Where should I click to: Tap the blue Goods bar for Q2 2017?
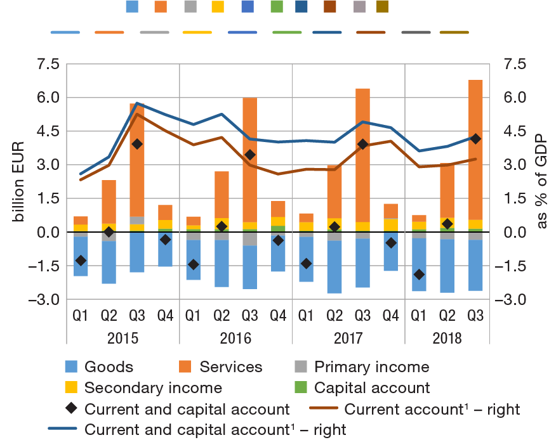point(334,266)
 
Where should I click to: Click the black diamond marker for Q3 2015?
point(137,144)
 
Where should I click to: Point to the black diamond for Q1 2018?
point(419,274)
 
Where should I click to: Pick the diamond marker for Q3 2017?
point(362,144)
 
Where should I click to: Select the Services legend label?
point(231,366)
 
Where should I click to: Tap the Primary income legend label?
point(372,366)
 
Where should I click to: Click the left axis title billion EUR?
point(19,181)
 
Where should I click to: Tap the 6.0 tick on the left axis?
point(44,98)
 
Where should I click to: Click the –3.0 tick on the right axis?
point(513,299)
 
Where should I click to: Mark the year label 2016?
point(235,337)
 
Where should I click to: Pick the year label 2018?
point(447,337)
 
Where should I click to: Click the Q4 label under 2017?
point(391,314)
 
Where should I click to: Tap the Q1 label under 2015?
point(81,314)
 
